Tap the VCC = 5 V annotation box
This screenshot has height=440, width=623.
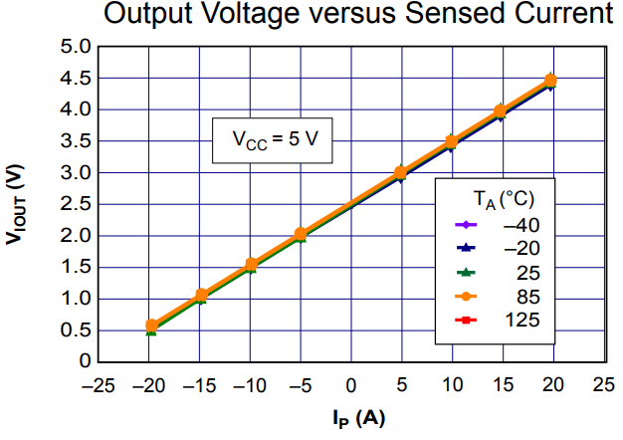coord(269,140)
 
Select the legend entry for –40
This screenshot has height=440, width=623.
coord(517,225)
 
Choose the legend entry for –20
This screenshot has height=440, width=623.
coord(517,249)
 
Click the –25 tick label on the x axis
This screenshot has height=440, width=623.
coord(98,384)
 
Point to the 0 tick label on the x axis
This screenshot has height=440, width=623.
coord(350,384)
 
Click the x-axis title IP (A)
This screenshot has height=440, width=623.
coord(349,418)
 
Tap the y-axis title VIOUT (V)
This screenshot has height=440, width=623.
coord(17,203)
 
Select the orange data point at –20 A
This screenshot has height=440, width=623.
coord(151,326)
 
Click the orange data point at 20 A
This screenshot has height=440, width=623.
coord(550,81)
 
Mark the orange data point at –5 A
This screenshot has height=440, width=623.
coord(301,234)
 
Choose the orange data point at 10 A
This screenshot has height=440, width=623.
coord(451,142)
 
